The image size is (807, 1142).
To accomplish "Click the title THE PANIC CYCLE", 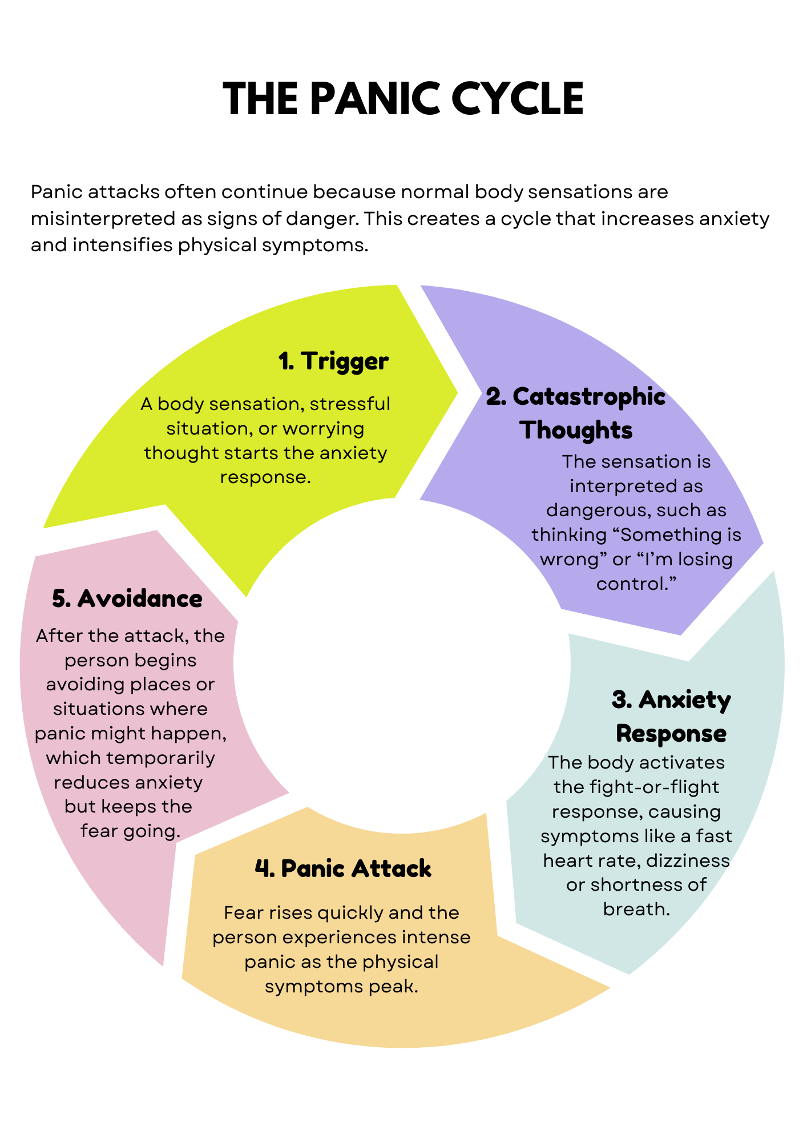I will [x=403, y=99].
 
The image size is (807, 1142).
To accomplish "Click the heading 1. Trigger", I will [x=333, y=361].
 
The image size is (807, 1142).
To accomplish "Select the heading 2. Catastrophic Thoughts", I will [x=575, y=413].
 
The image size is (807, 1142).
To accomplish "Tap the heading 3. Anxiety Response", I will [x=671, y=716].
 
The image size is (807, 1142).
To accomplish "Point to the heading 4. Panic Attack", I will [x=343, y=868].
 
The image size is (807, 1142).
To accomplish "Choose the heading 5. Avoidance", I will [x=127, y=599].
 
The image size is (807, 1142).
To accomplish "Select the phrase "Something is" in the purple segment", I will [x=680, y=534].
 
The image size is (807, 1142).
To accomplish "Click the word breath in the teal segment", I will [x=636, y=908].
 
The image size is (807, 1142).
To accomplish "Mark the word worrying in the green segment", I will [x=323, y=428].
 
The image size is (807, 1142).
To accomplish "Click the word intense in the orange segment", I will [x=436, y=937].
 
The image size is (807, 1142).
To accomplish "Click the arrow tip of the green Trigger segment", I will [x=457, y=392].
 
